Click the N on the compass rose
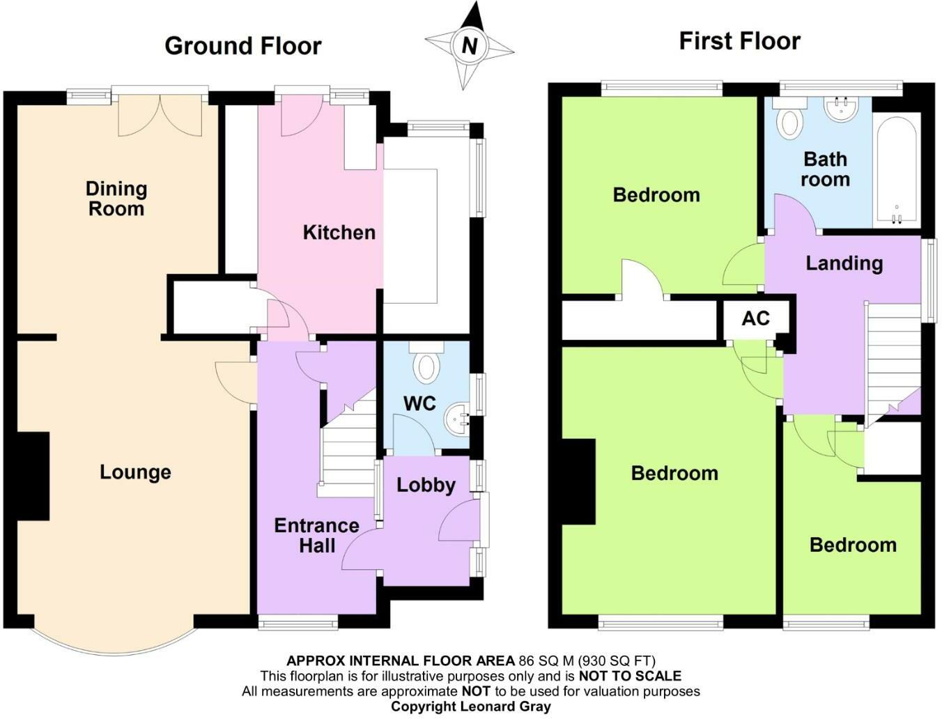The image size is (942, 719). tap(470, 45)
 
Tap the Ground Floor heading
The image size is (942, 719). tap(243, 46)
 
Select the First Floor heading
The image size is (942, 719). tap(740, 42)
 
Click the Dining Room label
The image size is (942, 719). tap(116, 198)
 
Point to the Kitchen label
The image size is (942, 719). tap(339, 233)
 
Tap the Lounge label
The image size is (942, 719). tap(136, 472)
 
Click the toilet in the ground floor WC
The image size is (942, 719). tap(426, 362)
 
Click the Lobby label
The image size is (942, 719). tap(426, 485)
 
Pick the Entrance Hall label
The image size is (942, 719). tap(317, 535)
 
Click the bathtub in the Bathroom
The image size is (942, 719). tap(897, 170)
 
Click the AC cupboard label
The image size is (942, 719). tap(756, 318)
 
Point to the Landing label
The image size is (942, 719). tap(844, 263)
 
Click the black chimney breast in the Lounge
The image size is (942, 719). tap(33, 476)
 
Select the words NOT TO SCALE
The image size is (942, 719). tap(630, 676)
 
